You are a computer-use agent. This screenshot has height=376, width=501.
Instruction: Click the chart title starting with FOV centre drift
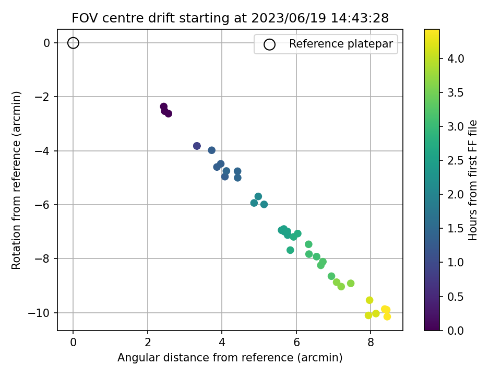click(x=230, y=18)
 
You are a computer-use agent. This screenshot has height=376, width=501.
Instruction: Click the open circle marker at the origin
click(x=73, y=43)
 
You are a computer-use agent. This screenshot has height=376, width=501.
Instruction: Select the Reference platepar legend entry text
click(x=341, y=44)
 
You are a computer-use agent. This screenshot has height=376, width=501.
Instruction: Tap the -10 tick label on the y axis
click(x=43, y=313)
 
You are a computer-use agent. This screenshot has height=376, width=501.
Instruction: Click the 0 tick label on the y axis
click(x=47, y=43)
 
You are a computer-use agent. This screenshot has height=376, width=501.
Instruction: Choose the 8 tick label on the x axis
click(x=371, y=343)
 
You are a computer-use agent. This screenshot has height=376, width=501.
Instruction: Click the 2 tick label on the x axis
click(x=148, y=343)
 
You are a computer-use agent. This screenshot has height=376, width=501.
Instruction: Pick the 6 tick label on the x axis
click(x=296, y=343)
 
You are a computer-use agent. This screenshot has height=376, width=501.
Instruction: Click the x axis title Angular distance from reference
click(x=230, y=358)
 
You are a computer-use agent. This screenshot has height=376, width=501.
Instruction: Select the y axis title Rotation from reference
click(x=17, y=180)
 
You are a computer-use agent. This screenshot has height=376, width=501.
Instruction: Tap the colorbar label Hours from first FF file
click(x=473, y=180)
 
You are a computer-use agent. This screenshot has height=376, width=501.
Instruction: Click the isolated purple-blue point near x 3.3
click(x=197, y=146)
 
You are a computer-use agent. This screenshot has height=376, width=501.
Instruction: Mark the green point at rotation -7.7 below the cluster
click(x=290, y=250)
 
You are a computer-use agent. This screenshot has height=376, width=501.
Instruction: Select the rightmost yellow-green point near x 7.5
click(x=351, y=284)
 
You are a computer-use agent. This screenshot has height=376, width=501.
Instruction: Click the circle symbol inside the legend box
click(x=269, y=44)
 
